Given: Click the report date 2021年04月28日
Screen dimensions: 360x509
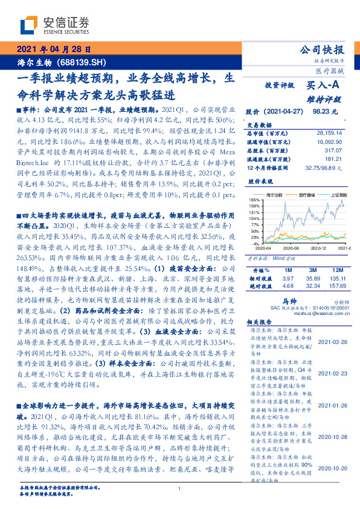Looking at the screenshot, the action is (x=54, y=50).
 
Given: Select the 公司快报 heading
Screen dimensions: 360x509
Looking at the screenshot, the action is (x=327, y=49).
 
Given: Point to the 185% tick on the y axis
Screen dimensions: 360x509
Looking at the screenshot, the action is (x=254, y=199).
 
